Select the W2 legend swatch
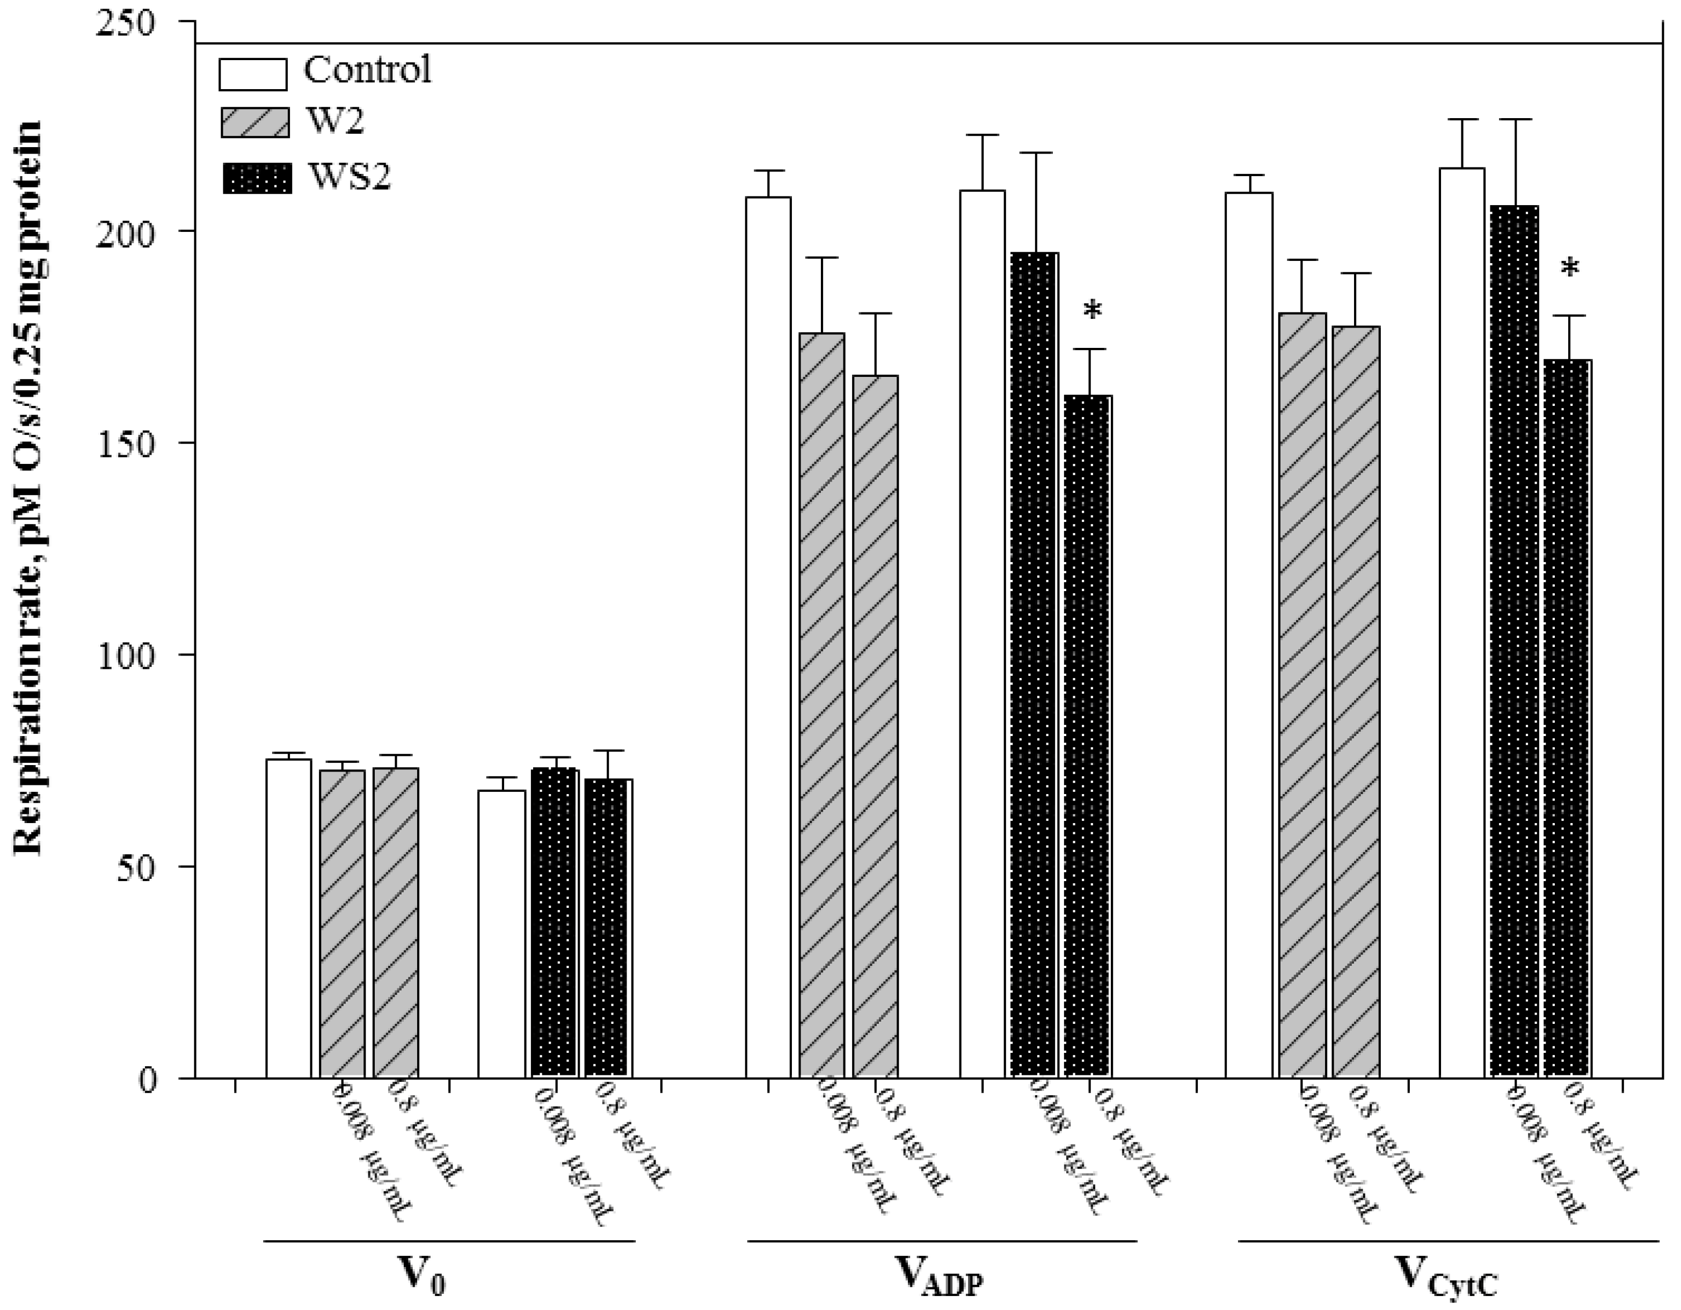(255, 122)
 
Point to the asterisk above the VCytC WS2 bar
(1569, 270)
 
